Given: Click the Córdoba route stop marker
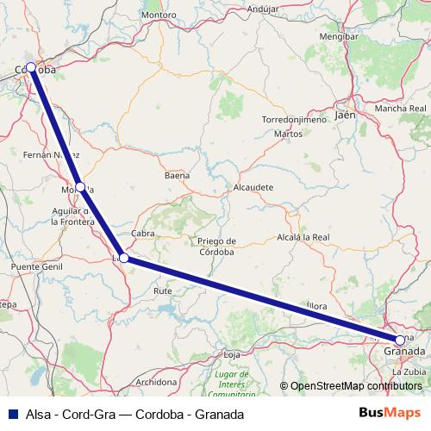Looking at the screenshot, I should coord(31,66).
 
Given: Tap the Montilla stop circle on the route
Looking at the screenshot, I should coord(80,186).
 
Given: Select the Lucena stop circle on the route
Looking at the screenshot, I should coord(124,257).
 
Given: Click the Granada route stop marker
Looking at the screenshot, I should coord(399,340).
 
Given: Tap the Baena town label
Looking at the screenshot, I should coord(177,175).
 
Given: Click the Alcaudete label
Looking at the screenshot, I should coord(253,186).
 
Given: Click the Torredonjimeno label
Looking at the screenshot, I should coord(294,120).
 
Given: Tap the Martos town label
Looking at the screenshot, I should coord(287,134).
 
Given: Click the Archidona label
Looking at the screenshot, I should coord(157,381).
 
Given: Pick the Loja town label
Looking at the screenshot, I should coord(231,354).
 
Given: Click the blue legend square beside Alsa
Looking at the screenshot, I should coord(12,414).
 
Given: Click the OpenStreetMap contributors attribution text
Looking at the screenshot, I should coord(350,386).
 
